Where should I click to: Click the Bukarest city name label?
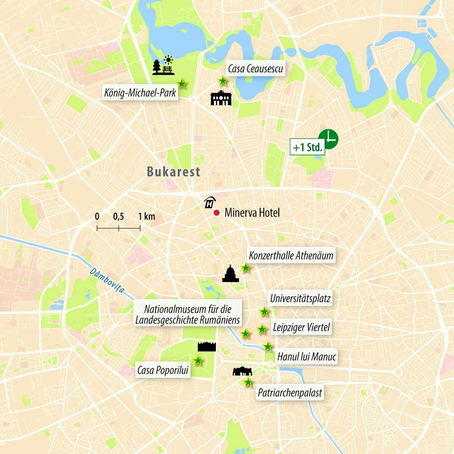[173, 172]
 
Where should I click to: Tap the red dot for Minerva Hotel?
[217, 212]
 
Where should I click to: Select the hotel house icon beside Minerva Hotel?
[209, 202]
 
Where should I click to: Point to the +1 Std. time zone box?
[307, 148]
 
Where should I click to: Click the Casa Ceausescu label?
[255, 69]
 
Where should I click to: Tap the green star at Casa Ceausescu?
[223, 81]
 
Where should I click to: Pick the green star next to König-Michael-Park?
[182, 84]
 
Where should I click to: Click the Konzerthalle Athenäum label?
[291, 256]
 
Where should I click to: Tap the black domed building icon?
[231, 273]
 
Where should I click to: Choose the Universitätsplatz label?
[300, 299]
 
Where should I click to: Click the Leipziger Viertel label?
[301, 327]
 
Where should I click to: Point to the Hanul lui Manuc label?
[306, 357]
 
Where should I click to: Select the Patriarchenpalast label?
[290, 393]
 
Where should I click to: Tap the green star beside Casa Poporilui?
[198, 361]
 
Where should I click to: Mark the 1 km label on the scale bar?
[147, 217]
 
